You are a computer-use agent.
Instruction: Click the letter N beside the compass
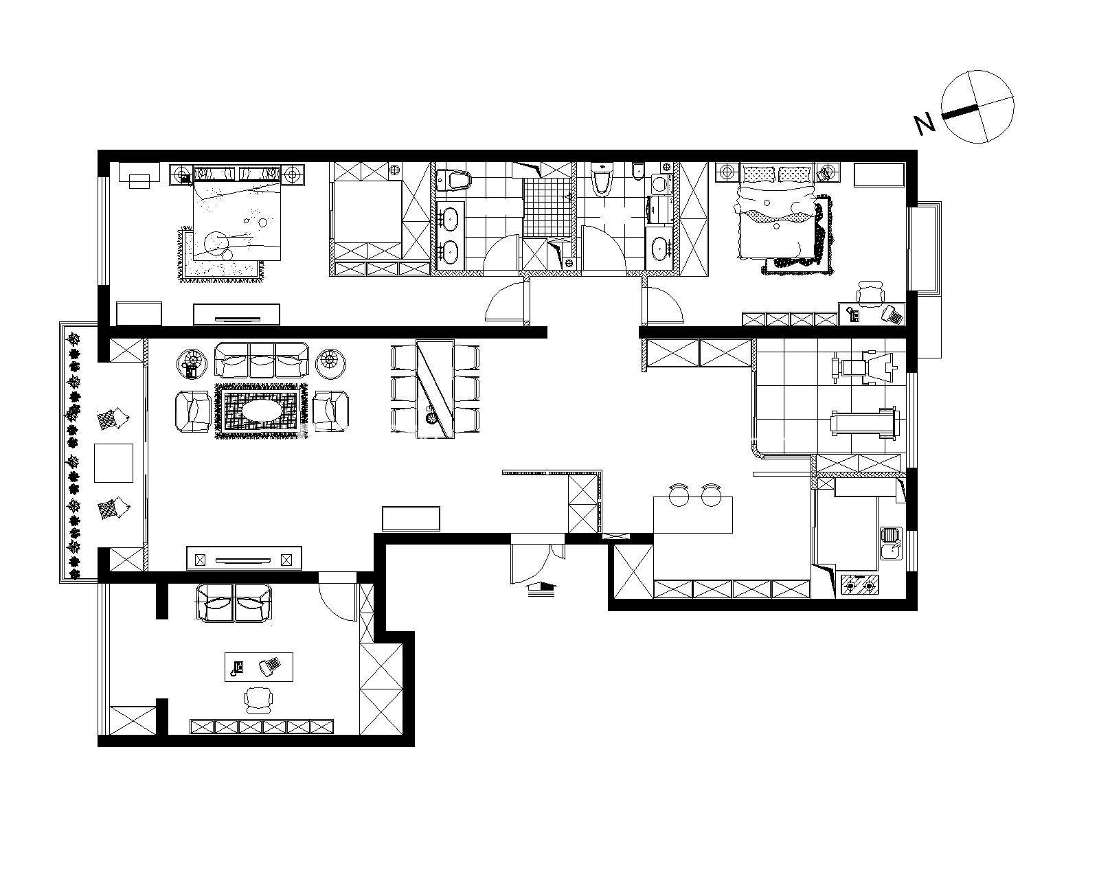coord(925,124)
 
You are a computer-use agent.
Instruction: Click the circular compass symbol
coord(977,106)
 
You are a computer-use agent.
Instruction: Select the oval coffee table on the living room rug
coord(260,411)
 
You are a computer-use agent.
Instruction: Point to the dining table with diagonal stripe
coord(435,389)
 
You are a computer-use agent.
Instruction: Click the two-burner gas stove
coord(861,585)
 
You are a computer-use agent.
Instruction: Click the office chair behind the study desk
coord(258,700)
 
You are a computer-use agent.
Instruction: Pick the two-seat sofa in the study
coord(234,603)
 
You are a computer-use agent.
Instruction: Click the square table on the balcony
coord(113,464)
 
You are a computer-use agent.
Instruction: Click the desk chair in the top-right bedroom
coord(870,293)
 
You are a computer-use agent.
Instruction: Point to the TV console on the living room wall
coord(244,558)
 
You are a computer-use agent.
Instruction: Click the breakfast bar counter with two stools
coord(693,515)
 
